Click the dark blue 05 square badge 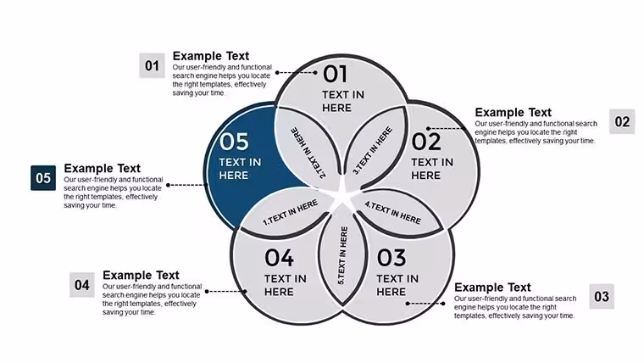click(43, 178)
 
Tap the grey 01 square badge click(152, 65)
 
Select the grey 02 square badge click(622, 121)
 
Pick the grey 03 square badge click(602, 296)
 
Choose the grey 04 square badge click(81, 285)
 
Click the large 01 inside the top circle click(336, 75)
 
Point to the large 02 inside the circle click(426, 142)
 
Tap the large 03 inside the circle click(391, 258)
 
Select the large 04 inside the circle click(280, 258)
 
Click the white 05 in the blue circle click(234, 142)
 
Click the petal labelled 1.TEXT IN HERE click(287, 212)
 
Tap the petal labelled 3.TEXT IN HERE click(375, 148)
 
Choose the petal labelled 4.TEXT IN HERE click(397, 212)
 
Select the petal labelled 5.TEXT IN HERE click(342, 255)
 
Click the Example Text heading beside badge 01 click(211, 56)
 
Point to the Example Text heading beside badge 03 click(492, 288)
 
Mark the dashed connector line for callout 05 click(187, 185)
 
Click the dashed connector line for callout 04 click(226, 292)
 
